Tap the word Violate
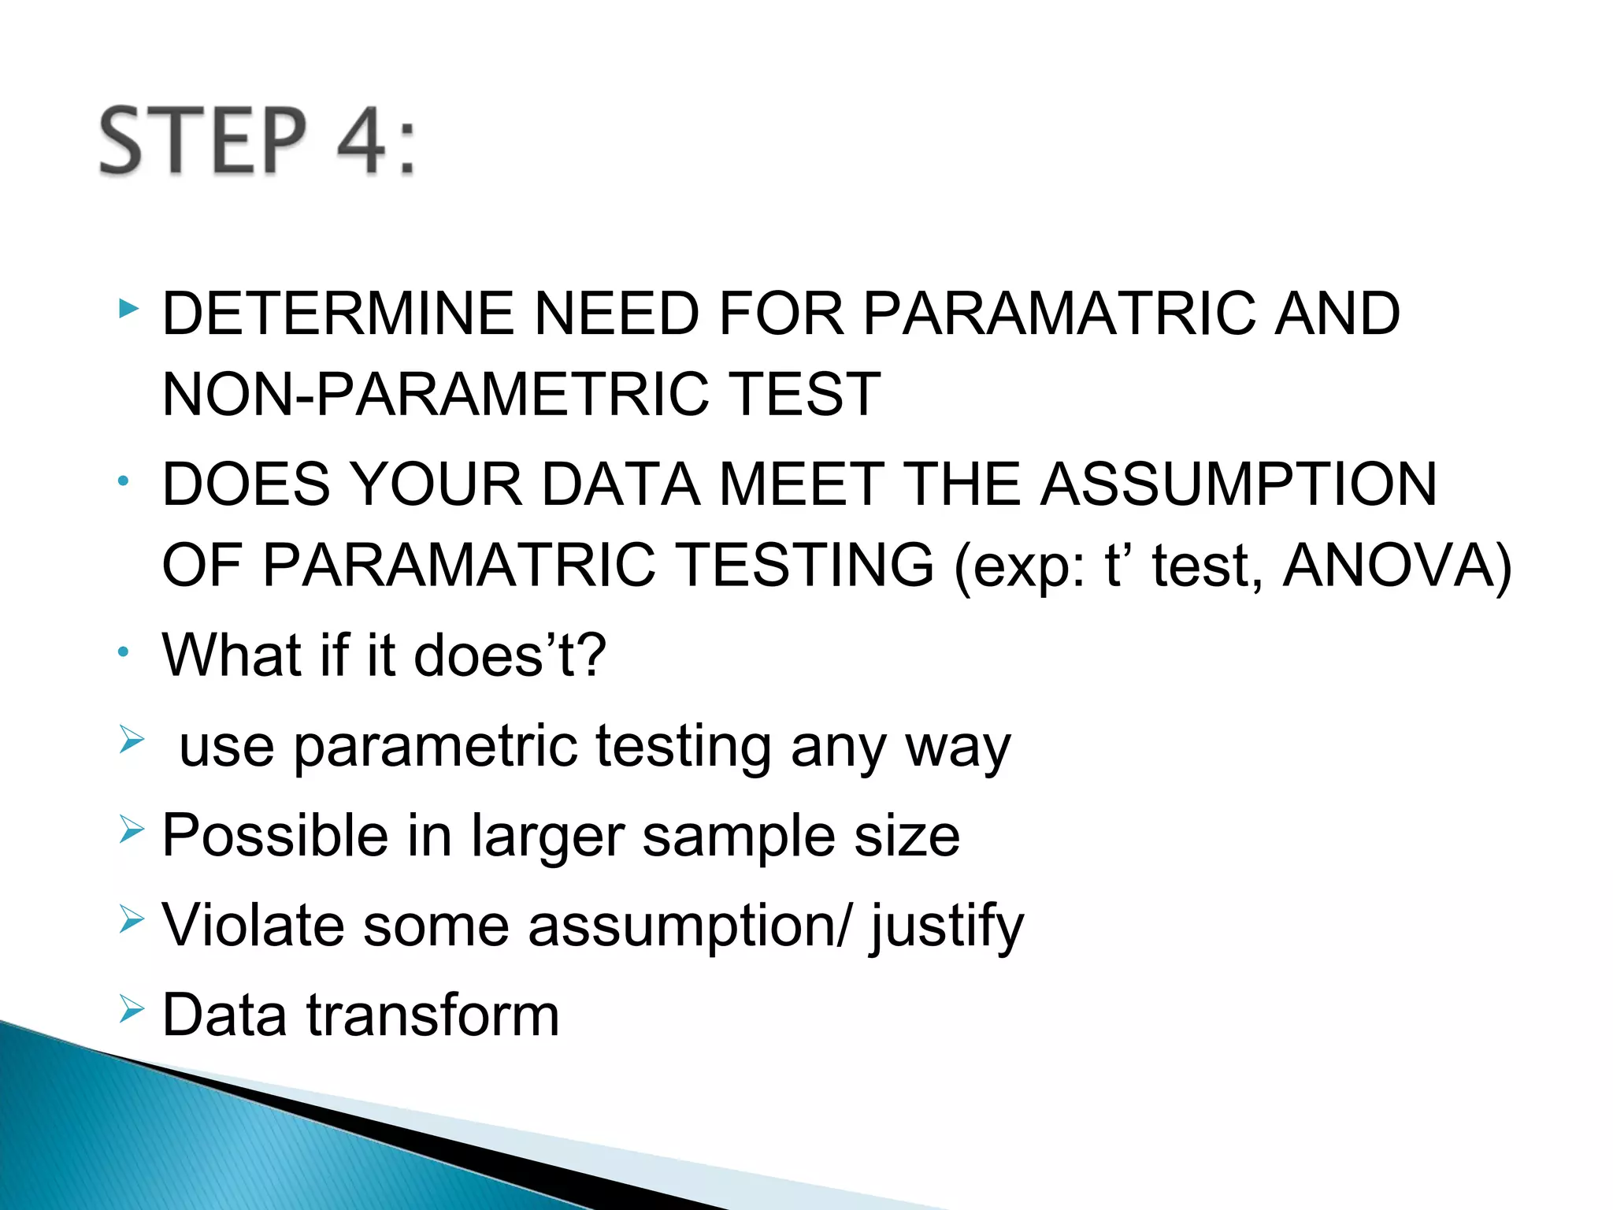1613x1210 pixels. click(x=253, y=926)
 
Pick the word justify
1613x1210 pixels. click(x=946, y=927)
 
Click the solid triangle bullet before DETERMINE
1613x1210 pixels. click(x=128, y=308)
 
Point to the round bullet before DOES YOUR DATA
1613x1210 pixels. click(x=123, y=481)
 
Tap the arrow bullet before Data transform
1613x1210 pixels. click(x=132, y=1008)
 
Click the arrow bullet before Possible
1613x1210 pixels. click(x=132, y=829)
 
